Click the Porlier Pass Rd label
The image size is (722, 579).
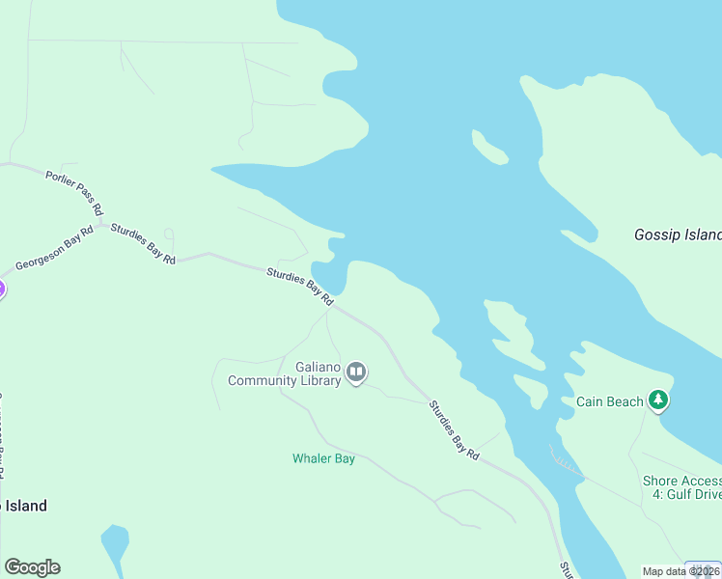click(74, 191)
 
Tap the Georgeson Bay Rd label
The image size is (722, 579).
click(54, 250)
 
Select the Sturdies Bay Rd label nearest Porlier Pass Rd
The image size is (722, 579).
click(143, 244)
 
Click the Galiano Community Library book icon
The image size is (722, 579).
click(356, 372)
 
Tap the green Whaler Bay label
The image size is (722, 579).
click(323, 459)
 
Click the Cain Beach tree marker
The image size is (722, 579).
click(658, 399)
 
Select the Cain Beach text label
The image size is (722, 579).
click(609, 401)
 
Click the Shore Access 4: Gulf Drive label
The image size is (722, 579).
click(681, 487)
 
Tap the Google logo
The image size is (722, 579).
click(32, 567)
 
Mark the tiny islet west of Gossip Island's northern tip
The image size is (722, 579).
click(489, 147)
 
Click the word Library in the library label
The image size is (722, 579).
click(320, 380)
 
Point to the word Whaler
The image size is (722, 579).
click(312, 459)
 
